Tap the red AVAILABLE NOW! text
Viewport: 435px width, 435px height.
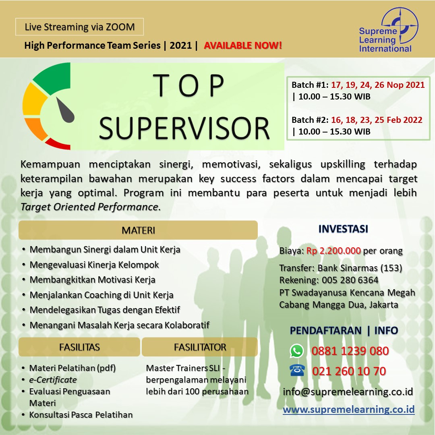[x=243, y=45]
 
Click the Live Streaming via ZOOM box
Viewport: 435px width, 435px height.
[x=79, y=27]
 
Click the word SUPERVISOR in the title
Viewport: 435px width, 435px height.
[x=184, y=128]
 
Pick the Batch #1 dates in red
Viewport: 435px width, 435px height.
[x=377, y=85]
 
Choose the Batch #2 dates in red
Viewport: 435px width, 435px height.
[x=377, y=120]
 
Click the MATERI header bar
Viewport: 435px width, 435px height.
[x=138, y=230]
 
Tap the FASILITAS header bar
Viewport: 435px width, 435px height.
[x=79, y=347]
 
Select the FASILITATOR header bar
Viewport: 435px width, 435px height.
[x=200, y=347]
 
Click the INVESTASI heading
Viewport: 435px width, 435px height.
[x=343, y=229]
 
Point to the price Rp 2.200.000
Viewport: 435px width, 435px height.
[x=333, y=251]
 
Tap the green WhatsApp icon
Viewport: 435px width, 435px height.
[x=296, y=351]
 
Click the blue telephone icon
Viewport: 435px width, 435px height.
[x=297, y=371]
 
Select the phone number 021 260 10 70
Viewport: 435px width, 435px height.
[x=349, y=371]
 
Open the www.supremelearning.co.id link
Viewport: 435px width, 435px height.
[x=349, y=409]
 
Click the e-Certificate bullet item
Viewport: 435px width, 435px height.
[x=53, y=379]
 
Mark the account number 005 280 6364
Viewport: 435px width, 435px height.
[x=350, y=280]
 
